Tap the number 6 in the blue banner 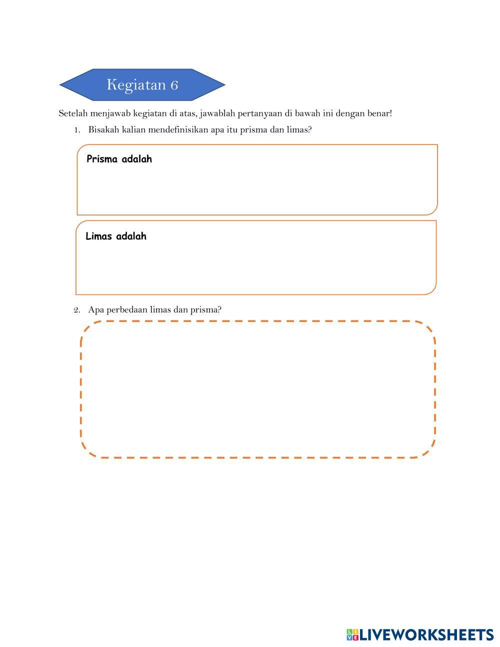coord(174,85)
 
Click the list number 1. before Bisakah coord(77,130)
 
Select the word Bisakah coord(103,130)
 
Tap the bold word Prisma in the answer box coord(102,159)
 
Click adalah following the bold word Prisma coord(136,159)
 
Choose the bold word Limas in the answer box coord(99,236)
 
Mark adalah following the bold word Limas coord(131,236)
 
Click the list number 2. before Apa coord(77,310)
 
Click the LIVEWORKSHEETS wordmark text coord(426,635)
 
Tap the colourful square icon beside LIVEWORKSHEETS coord(352,635)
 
